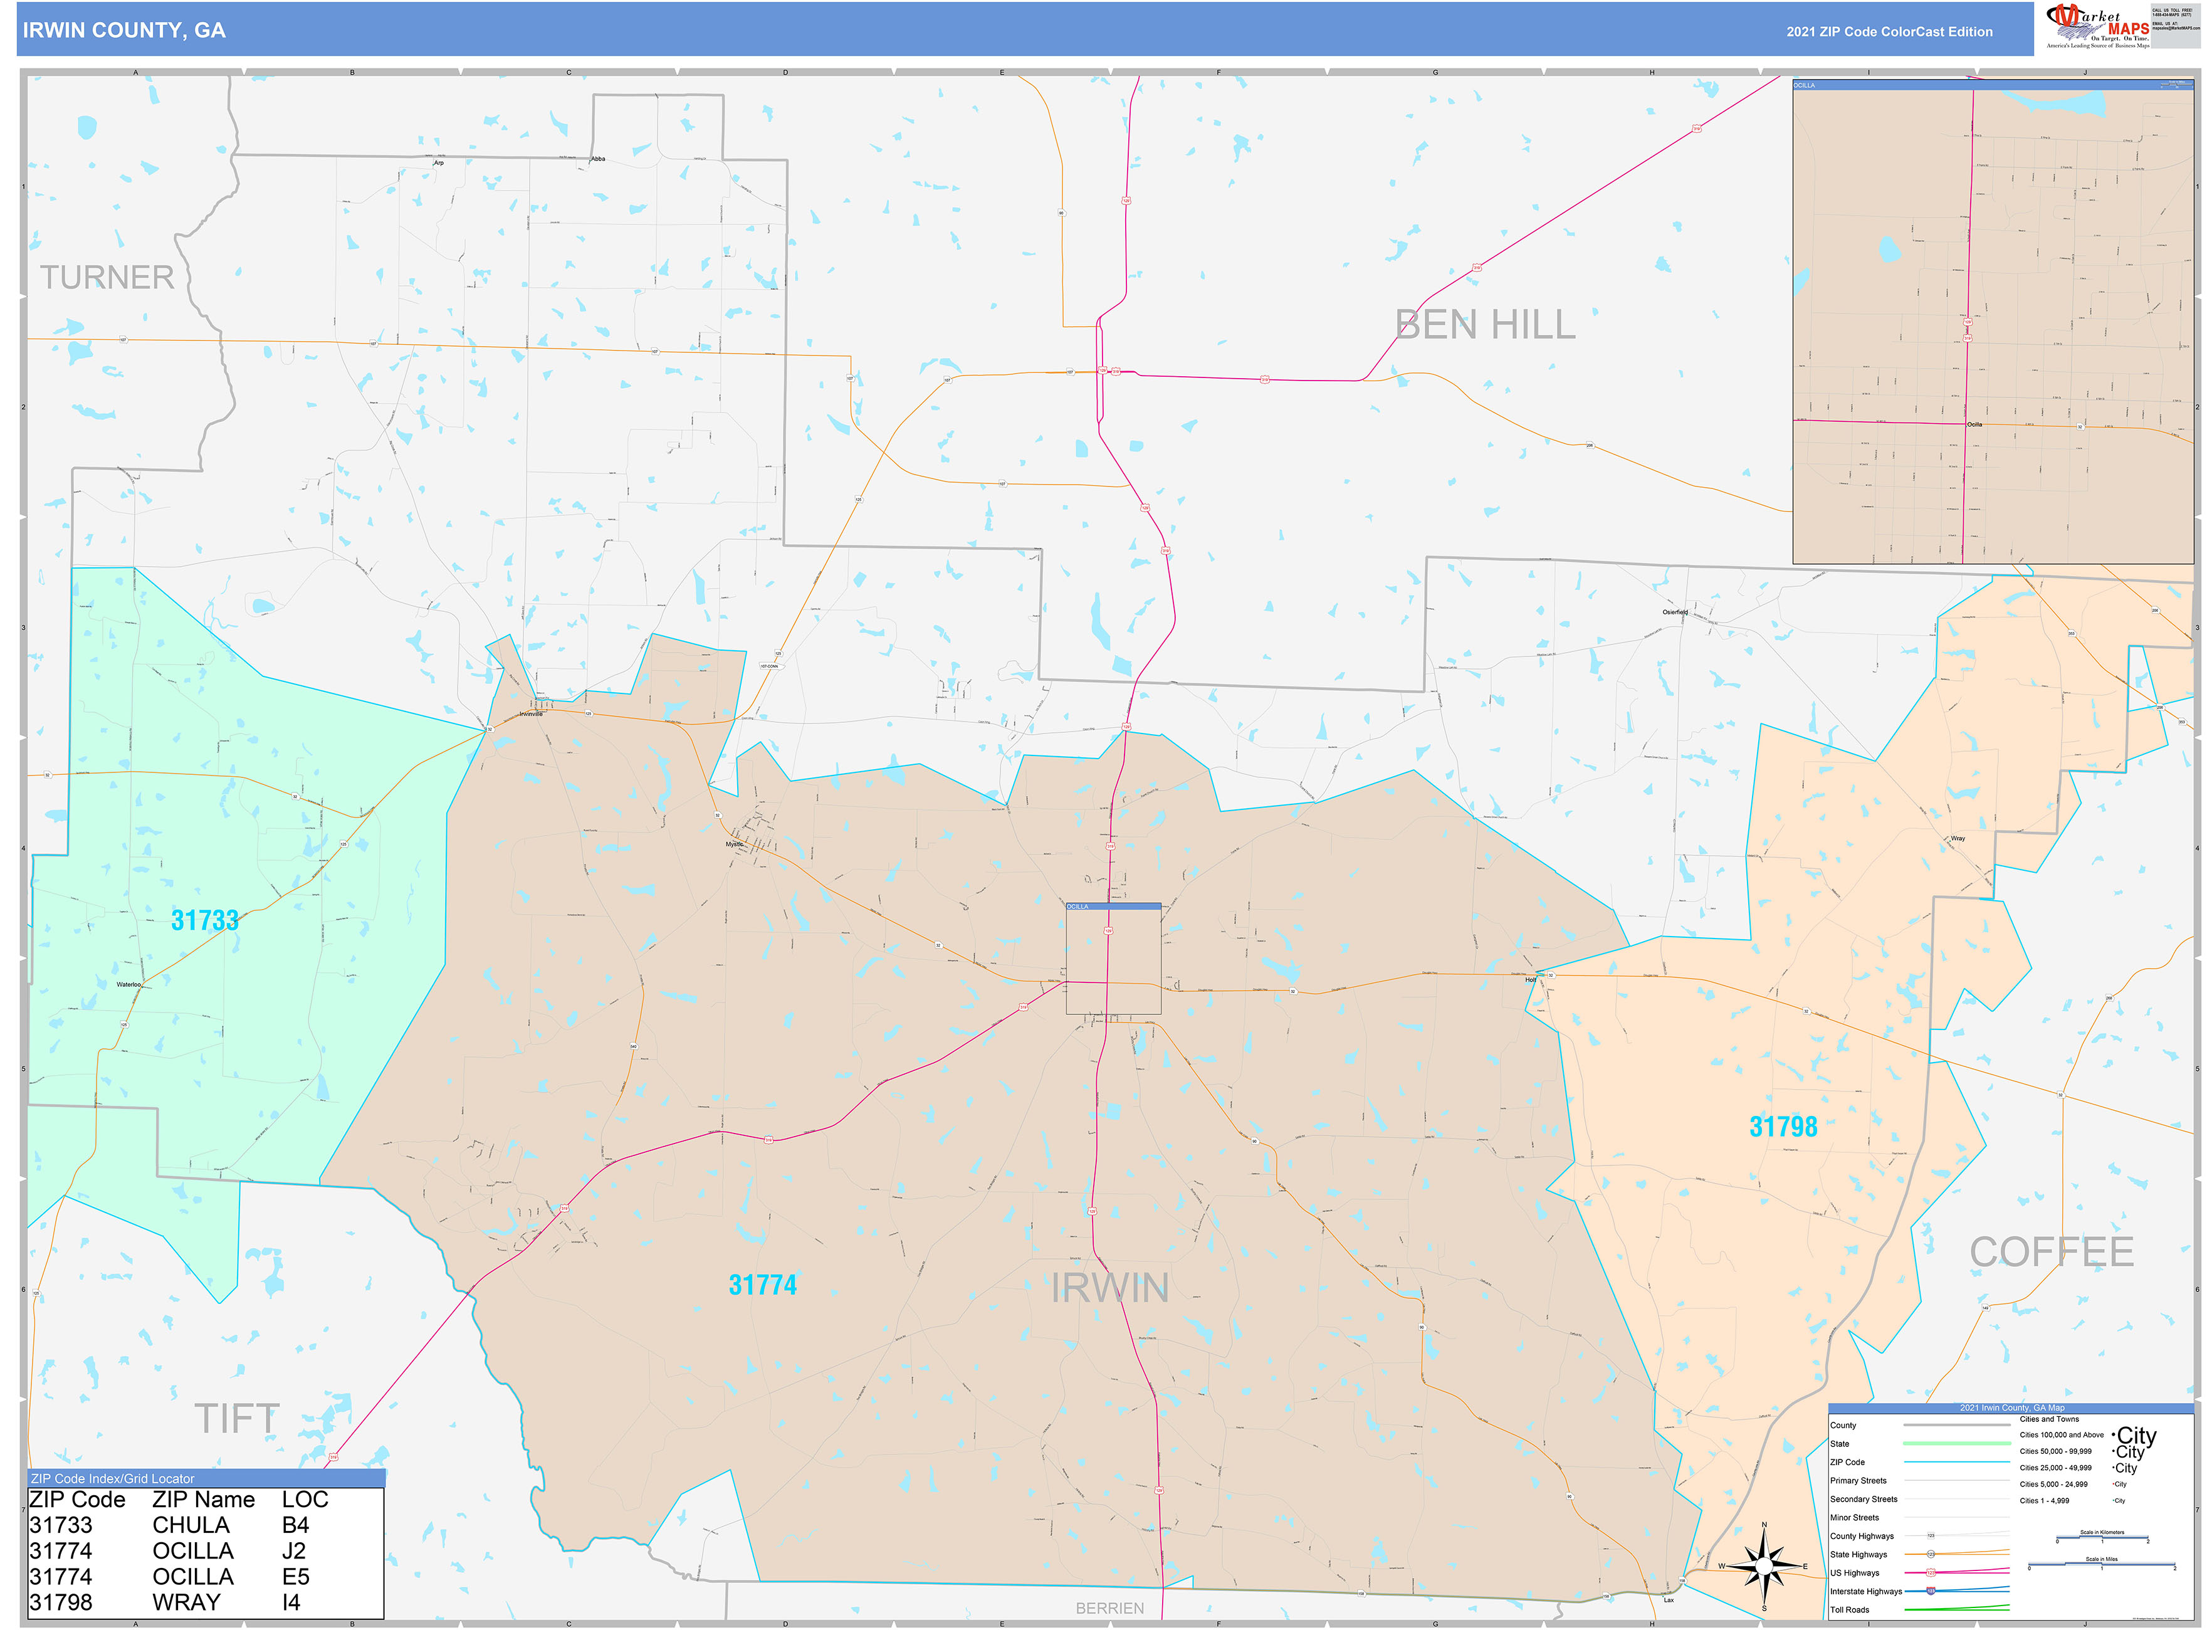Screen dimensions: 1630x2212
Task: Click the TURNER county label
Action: click(107, 277)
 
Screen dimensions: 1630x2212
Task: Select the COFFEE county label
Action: click(2051, 1252)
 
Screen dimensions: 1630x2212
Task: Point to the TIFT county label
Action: click(237, 1419)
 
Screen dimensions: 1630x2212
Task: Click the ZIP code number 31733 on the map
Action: click(204, 920)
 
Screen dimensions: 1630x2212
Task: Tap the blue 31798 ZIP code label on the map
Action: click(1783, 1127)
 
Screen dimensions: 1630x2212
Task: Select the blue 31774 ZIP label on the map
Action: click(762, 1285)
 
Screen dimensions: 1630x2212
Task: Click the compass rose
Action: click(1764, 1566)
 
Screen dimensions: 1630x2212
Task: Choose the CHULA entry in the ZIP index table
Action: click(191, 1525)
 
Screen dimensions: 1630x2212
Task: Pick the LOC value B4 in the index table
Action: click(295, 1525)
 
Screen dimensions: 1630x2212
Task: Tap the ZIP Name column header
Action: click(203, 1500)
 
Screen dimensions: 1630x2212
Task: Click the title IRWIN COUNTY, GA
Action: click(124, 31)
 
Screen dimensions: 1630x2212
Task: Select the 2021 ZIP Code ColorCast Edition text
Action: click(1889, 31)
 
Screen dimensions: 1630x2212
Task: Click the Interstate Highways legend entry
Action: click(1865, 1592)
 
